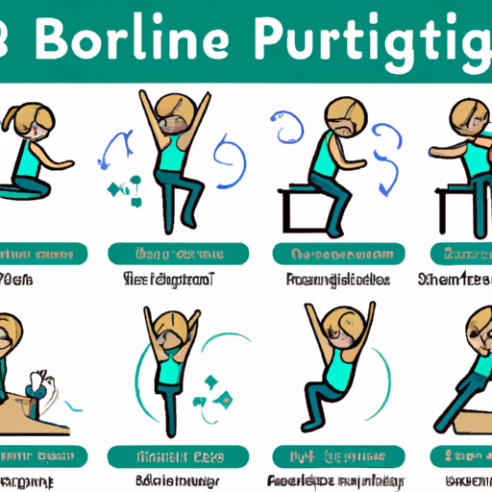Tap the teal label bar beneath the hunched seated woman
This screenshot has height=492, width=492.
point(334,255)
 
